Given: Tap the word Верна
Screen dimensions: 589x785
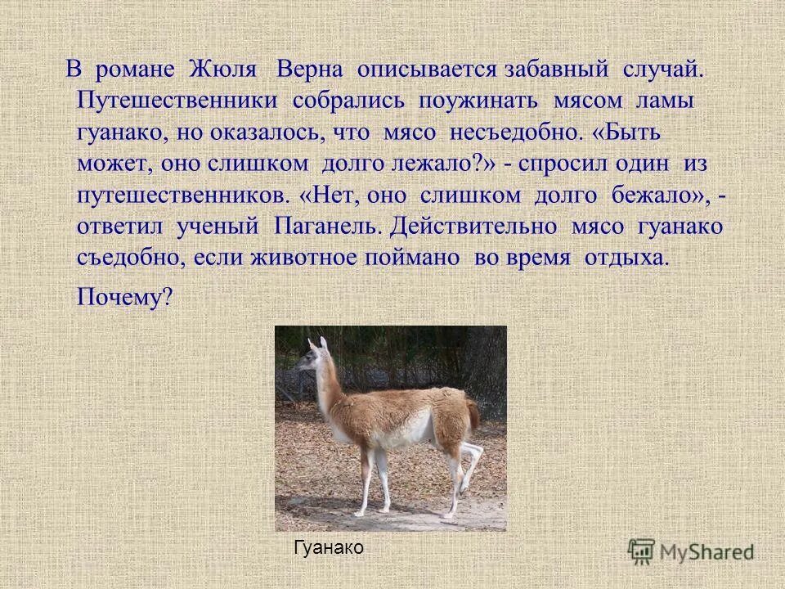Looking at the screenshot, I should [311, 70].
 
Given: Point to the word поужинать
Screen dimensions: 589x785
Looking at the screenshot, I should [478, 102].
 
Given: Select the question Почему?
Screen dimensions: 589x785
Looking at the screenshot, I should [124, 295].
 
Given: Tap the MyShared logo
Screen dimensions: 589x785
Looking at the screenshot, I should [692, 550].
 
